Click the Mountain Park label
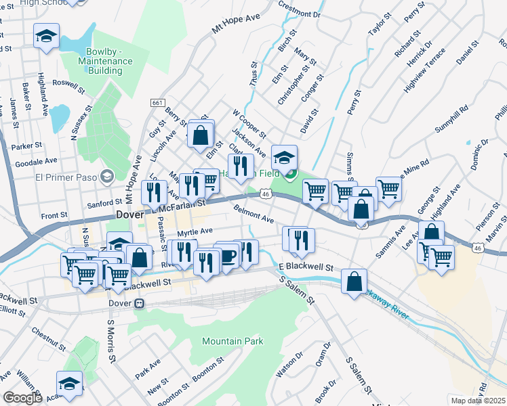(232, 341)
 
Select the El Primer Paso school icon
(106, 177)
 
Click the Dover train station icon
(139, 304)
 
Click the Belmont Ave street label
(254, 216)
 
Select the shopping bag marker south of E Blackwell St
(354, 282)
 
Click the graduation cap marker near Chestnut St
(69, 384)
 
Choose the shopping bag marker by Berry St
(201, 133)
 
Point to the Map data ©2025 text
(479, 401)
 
